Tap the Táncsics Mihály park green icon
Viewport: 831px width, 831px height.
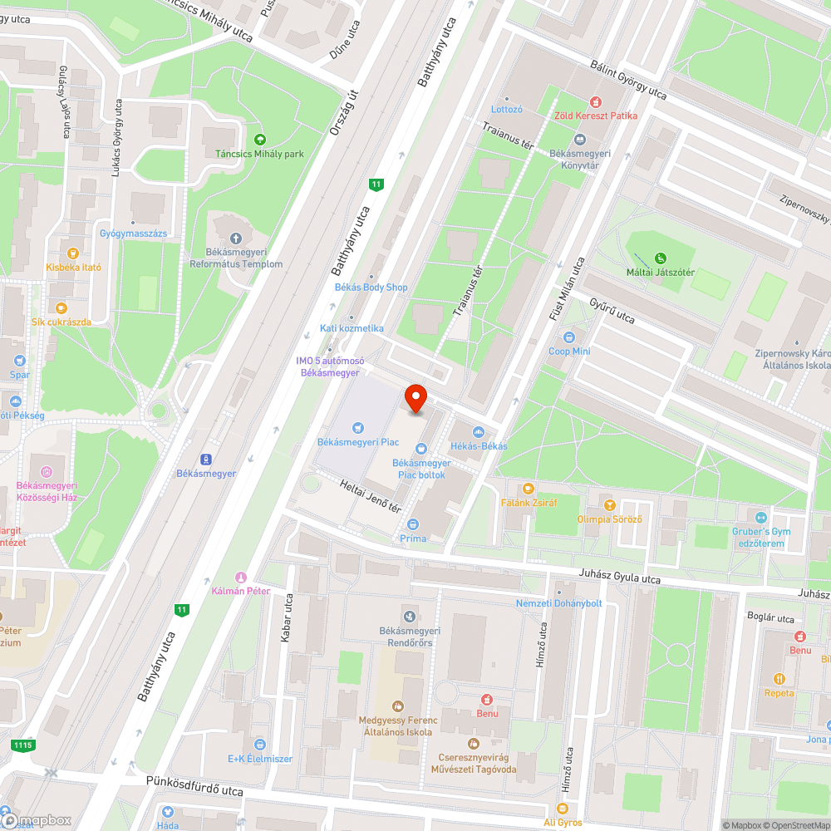pos(260,140)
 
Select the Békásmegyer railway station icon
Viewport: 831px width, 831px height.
pos(205,460)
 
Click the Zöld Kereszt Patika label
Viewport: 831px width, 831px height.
pos(597,116)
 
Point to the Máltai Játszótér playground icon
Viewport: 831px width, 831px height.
pos(660,258)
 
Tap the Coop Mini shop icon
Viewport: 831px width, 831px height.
pos(569,337)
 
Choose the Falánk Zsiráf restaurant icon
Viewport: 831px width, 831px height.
pos(528,489)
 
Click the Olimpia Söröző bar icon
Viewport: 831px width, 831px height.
pos(609,505)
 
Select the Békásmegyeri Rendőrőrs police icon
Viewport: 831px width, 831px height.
pos(409,616)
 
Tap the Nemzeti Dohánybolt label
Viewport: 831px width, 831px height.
pos(558,603)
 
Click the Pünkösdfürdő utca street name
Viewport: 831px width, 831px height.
pos(194,786)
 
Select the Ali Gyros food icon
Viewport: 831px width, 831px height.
pos(563,809)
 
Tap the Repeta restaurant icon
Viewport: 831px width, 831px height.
pos(779,678)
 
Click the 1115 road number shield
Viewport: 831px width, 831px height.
pos(23,745)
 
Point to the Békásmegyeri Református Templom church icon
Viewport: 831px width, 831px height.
pos(236,239)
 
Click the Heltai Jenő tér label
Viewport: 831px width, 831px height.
pos(371,496)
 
